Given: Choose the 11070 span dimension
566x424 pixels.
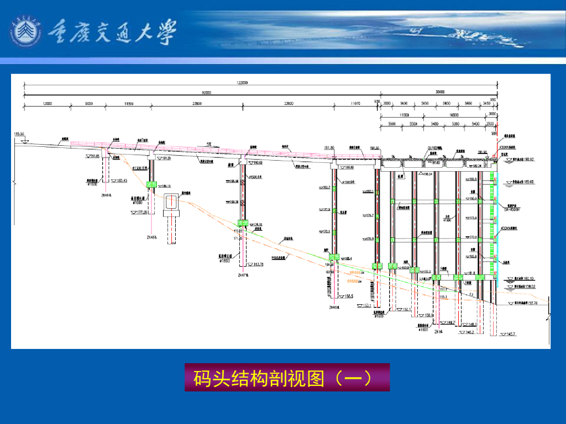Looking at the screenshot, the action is (355, 103).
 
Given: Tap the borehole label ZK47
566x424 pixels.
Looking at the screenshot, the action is (243, 274).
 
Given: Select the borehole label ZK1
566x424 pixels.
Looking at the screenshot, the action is (439, 332).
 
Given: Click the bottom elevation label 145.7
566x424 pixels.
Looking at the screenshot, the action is (508, 334).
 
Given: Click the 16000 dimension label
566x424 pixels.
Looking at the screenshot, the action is (454, 114).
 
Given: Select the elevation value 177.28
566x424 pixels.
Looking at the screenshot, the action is (142, 212).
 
